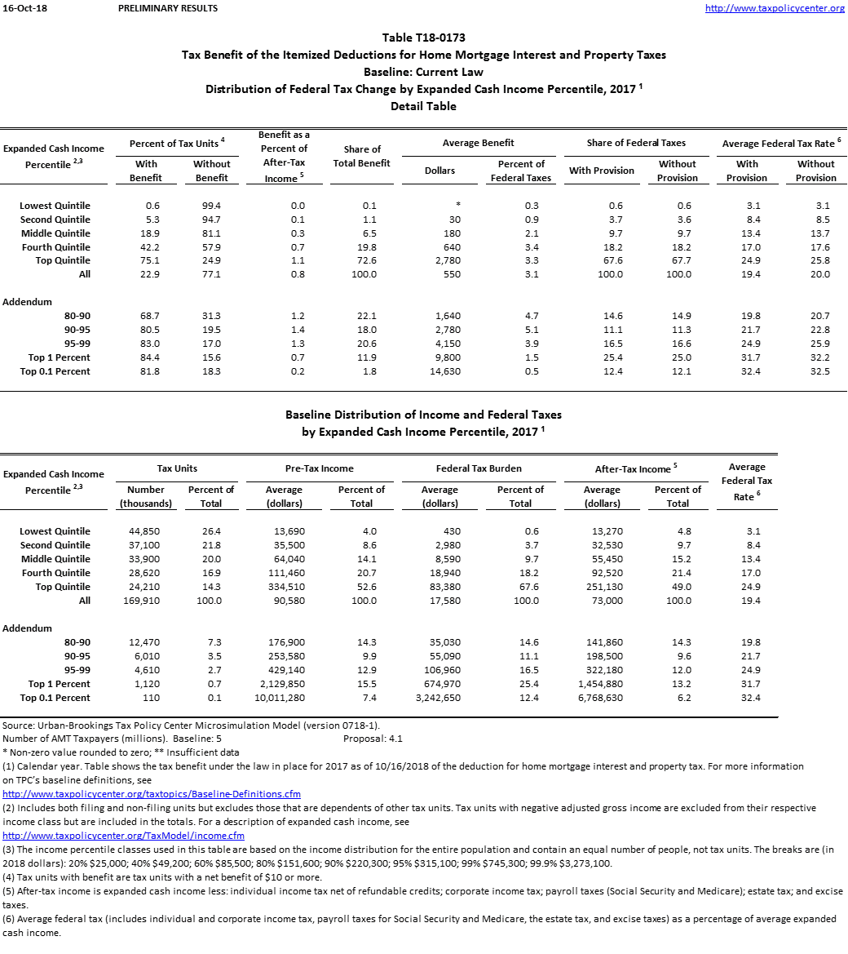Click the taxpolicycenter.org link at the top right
coord(774,9)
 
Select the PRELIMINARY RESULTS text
coord(168,9)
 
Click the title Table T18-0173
coord(423,38)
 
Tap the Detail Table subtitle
coord(423,106)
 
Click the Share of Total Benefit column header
coord(362,156)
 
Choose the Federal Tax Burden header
coord(478,468)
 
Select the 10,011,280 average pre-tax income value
coord(280,698)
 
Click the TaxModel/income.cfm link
coord(123,836)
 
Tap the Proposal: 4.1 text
coord(373,739)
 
